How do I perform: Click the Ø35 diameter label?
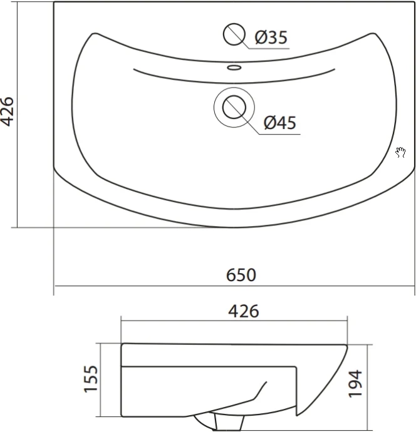pyautogui.click(x=271, y=37)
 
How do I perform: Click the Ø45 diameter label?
pyautogui.click(x=280, y=123)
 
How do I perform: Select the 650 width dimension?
pyautogui.click(x=241, y=275)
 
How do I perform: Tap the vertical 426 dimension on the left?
pyautogui.click(x=7, y=111)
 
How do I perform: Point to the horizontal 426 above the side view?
pyautogui.click(x=244, y=311)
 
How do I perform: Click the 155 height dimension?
pyautogui.click(x=91, y=379)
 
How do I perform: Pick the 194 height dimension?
pyautogui.click(x=355, y=384)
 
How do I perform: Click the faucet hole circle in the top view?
pyautogui.click(x=234, y=34)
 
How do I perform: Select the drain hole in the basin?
pyautogui.click(x=234, y=107)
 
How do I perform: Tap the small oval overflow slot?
pyautogui.click(x=234, y=67)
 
